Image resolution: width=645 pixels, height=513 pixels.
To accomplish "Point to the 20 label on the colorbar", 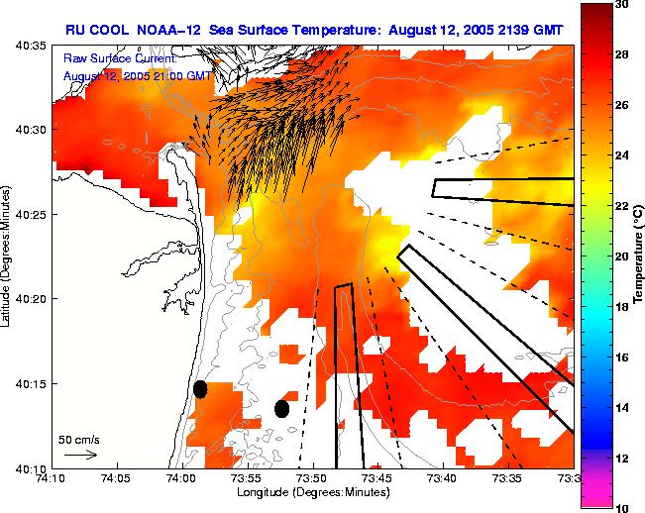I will [623, 256].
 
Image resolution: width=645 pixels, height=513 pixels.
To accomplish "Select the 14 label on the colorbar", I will [623, 407].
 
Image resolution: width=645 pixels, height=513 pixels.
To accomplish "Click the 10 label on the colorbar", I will [623, 506].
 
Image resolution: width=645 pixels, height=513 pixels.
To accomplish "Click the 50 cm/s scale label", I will [77, 438].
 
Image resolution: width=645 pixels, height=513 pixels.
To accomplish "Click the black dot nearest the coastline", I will [200, 389].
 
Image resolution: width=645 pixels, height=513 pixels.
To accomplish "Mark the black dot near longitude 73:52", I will [282, 409].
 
